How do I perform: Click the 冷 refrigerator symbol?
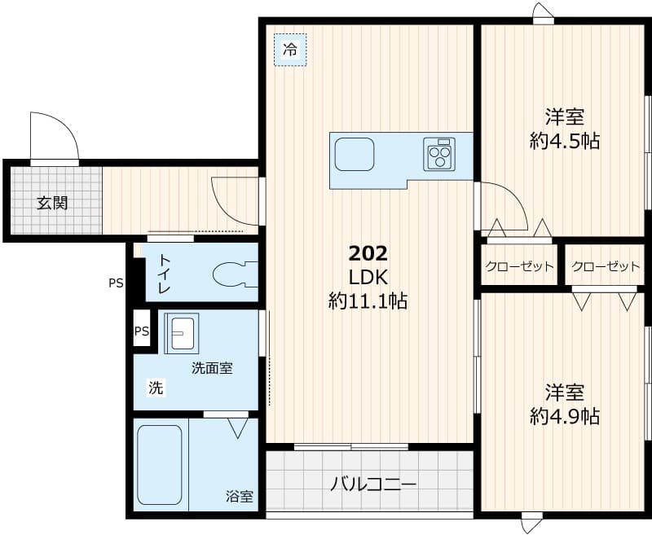tap(289, 50)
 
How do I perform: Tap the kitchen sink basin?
tap(354, 154)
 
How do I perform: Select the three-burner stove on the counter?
tap(439, 154)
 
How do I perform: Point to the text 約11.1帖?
tap(368, 301)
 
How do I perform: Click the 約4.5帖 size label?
tap(564, 141)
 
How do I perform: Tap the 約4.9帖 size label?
tap(564, 416)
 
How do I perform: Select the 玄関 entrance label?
tap(51, 203)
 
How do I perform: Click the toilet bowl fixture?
tap(233, 274)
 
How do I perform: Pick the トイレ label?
tap(164, 274)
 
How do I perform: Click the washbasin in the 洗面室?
tap(180, 333)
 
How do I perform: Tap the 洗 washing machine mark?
tap(155, 388)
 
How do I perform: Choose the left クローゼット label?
tap(519, 266)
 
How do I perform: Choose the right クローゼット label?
tap(606, 266)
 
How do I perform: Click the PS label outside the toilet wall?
tap(116, 284)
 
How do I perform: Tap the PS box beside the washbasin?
tap(142, 331)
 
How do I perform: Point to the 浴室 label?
tap(240, 496)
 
